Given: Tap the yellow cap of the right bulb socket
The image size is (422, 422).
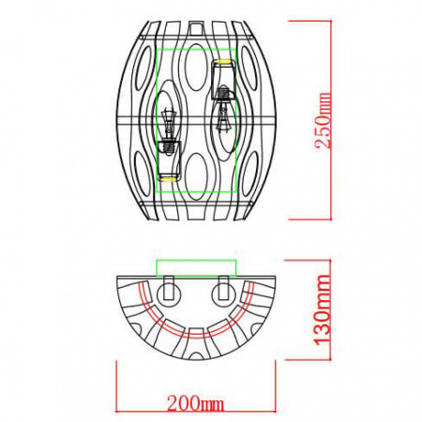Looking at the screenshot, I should tap(224, 64).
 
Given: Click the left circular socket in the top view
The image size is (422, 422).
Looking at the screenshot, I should tap(169, 289).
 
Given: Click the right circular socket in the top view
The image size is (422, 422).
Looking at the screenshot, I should tap(222, 289).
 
